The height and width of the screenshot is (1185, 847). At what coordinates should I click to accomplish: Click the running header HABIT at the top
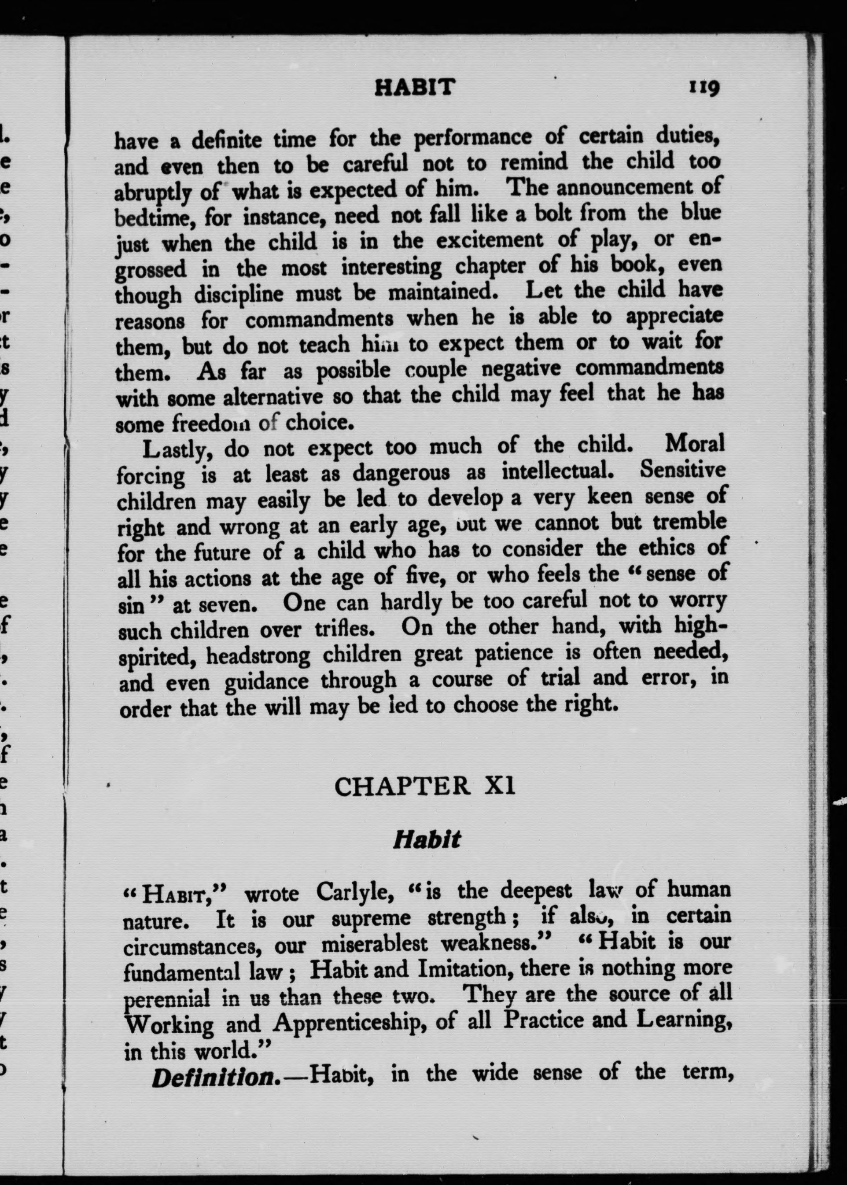pyautogui.click(x=415, y=88)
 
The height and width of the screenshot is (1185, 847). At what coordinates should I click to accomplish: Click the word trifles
pyautogui.click(x=346, y=629)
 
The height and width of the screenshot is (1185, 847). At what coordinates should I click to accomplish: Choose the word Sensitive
pyautogui.click(x=682, y=471)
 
